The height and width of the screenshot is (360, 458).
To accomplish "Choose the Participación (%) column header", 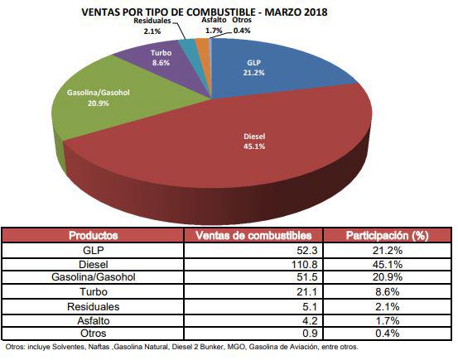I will [x=386, y=236].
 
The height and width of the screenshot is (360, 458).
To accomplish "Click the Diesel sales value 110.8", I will [x=296, y=263].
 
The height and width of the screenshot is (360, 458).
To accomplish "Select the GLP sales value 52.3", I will [x=299, y=250].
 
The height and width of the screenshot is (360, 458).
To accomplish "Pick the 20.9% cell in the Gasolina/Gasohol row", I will [x=386, y=277].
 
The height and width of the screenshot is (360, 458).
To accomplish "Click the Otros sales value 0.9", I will [x=301, y=333].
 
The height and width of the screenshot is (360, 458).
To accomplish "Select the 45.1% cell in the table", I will [x=386, y=263].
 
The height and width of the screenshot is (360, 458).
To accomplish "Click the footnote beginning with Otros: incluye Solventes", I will [x=182, y=348].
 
